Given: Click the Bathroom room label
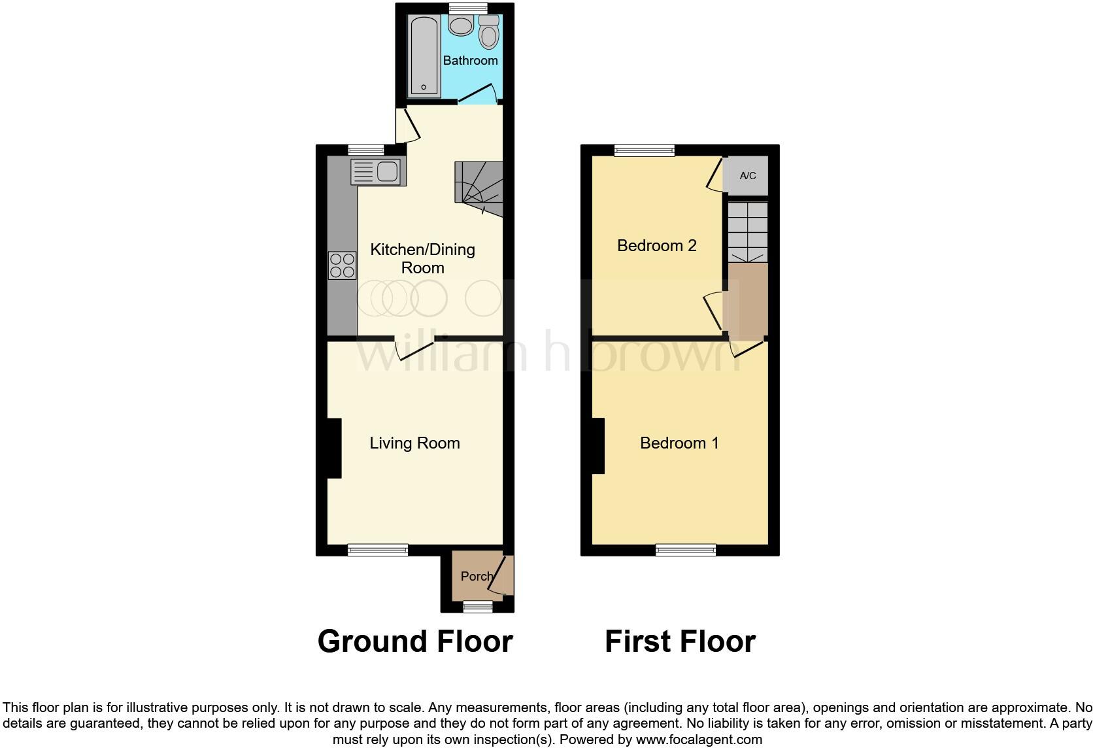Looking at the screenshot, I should [x=470, y=60].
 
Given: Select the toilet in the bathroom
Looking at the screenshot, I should [x=489, y=33].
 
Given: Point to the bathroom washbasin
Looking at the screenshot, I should [x=462, y=26].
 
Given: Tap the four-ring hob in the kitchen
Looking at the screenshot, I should [x=342, y=265].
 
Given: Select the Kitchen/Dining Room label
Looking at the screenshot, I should [x=422, y=258].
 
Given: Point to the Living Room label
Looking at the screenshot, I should [x=414, y=443].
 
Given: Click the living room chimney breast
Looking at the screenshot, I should [x=333, y=448].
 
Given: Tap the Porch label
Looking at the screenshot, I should [x=476, y=576].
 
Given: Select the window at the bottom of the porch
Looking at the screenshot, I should [x=478, y=607].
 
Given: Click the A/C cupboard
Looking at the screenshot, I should [x=748, y=175].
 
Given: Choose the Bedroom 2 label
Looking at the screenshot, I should [x=656, y=246].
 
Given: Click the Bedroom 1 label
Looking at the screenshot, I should [x=679, y=443].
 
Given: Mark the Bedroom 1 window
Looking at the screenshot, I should [x=686, y=550].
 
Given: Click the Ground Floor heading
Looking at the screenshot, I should [x=415, y=641].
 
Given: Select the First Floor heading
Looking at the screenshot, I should [x=680, y=641].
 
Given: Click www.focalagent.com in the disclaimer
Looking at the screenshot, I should [x=698, y=740].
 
